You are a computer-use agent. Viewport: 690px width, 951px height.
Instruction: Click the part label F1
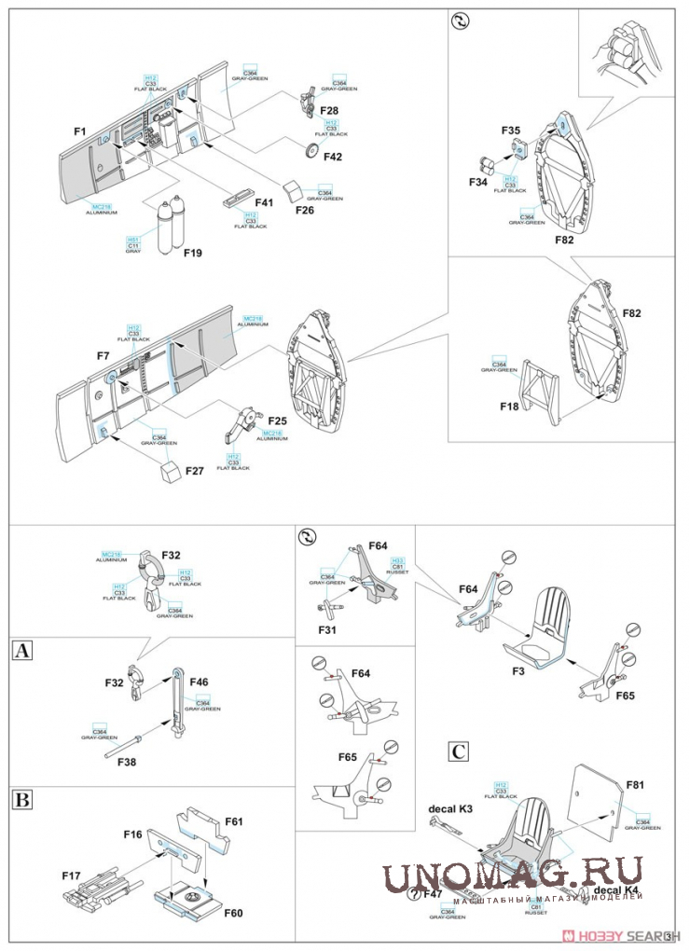coord(79,131)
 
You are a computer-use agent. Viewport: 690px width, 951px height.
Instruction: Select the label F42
coord(334,156)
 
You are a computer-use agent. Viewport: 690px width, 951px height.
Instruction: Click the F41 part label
coord(265,202)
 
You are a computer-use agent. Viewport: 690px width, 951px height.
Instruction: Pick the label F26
coord(305,212)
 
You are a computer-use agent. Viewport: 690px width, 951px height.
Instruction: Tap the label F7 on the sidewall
coord(103,355)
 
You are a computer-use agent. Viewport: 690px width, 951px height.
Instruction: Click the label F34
coord(477,182)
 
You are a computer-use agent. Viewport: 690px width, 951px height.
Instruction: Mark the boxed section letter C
coord(458,751)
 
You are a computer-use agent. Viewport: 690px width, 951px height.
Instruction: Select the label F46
coord(200,682)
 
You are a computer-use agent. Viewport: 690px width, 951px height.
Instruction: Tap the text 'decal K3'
coord(450,808)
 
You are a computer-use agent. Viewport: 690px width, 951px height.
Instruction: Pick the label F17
coord(71,875)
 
